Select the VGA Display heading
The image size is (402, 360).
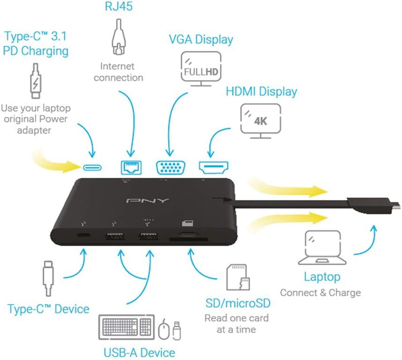(201, 40)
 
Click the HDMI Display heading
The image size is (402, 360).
(261, 91)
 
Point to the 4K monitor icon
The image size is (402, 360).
(261, 120)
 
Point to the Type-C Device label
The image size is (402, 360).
(48, 309)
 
